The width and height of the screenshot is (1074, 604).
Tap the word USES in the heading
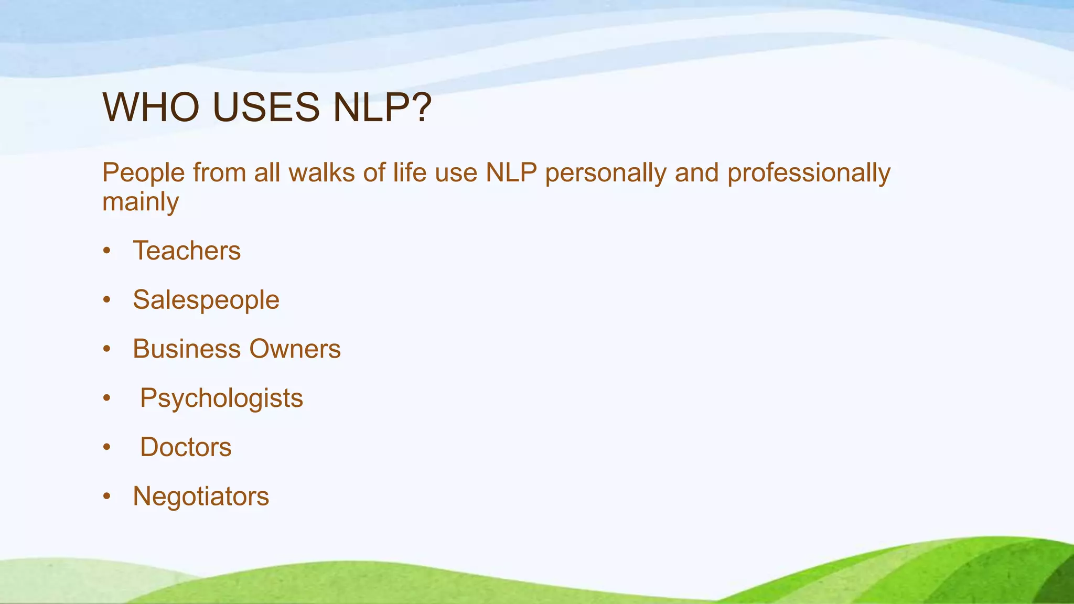(266, 107)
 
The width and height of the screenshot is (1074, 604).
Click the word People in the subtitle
(144, 173)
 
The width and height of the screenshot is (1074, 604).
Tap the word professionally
(809, 173)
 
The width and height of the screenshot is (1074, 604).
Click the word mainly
(141, 202)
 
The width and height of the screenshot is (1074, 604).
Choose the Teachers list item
(187, 251)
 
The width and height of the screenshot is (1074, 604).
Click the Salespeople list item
(206, 300)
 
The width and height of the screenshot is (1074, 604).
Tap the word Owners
(295, 349)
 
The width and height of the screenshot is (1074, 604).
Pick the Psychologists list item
(221, 398)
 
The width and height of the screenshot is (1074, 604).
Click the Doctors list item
(186, 447)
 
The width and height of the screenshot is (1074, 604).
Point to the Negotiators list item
(201, 497)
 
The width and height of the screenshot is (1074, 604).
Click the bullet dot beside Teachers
(107, 251)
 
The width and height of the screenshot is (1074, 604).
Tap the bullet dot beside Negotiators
(107, 497)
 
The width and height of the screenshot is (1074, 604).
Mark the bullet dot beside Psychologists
(107, 398)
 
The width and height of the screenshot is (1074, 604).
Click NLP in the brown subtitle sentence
(511, 173)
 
